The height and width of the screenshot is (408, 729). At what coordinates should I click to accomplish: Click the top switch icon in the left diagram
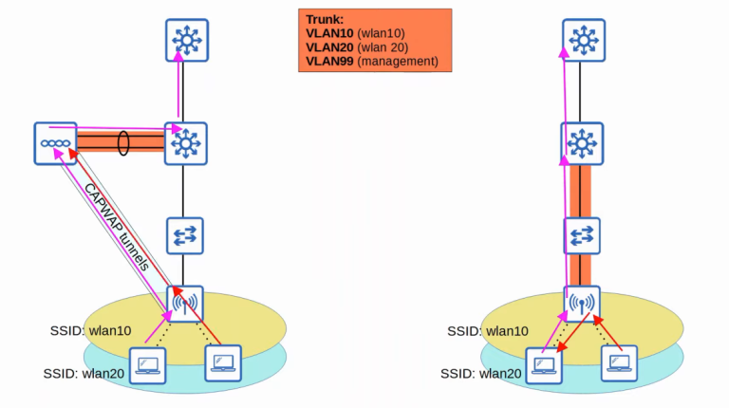pyautogui.click(x=185, y=39)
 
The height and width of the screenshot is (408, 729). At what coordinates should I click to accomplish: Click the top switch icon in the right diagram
pyautogui.click(x=584, y=39)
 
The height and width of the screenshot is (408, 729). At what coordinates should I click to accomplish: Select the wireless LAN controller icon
pyautogui.click(x=53, y=143)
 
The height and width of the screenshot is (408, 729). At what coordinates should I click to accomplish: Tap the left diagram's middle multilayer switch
pyautogui.click(x=185, y=143)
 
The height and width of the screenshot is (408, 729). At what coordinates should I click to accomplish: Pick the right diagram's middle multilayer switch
pyautogui.click(x=584, y=143)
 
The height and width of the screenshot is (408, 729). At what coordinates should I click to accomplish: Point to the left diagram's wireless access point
pyautogui.click(x=185, y=305)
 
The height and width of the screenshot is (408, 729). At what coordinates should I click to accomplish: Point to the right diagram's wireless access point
pyautogui.click(x=584, y=305)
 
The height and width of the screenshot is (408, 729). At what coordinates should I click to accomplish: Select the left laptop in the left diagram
pyautogui.click(x=146, y=364)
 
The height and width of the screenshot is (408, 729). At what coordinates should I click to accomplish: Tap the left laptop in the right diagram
pyautogui.click(x=544, y=364)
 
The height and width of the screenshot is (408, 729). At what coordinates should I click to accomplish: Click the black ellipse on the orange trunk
pyautogui.click(x=123, y=143)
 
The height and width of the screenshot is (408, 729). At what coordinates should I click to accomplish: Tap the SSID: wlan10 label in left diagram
pyautogui.click(x=90, y=331)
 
